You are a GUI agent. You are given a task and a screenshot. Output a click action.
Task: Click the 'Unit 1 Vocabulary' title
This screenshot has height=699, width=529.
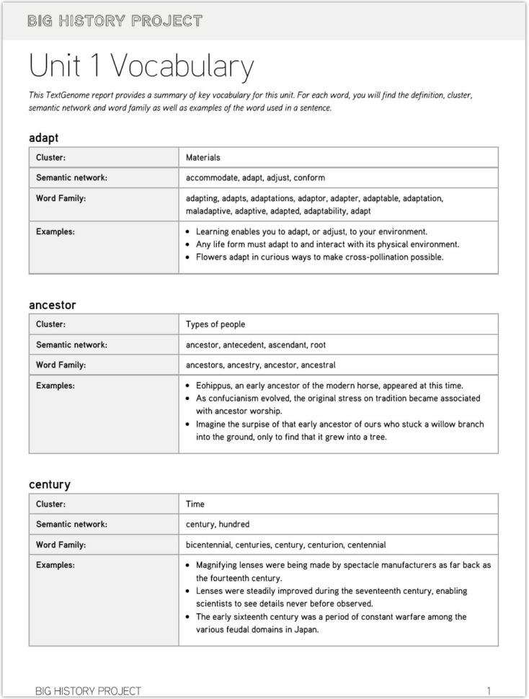141,66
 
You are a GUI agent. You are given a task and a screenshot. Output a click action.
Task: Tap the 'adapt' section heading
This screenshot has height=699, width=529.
43,137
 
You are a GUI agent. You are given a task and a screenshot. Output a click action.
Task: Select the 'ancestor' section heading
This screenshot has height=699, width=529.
52,305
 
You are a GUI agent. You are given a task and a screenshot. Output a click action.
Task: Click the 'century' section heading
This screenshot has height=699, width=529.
49,484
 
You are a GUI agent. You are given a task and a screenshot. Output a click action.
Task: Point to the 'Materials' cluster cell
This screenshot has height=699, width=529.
203,157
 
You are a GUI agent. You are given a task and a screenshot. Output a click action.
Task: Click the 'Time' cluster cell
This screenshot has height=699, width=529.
195,504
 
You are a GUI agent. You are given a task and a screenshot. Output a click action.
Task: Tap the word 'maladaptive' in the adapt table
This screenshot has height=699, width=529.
208,211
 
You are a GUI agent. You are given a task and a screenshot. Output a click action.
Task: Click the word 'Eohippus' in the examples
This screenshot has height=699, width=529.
214,386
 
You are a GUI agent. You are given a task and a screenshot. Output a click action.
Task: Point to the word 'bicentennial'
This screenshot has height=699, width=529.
211,545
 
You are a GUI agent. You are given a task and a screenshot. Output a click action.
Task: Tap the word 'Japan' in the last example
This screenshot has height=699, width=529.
304,629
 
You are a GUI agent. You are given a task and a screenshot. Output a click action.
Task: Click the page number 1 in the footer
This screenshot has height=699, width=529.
489,690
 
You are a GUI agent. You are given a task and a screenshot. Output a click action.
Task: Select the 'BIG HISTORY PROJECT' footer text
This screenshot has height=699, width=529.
88,690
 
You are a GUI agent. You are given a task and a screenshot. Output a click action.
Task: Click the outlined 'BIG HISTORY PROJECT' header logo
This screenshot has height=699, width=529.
115,21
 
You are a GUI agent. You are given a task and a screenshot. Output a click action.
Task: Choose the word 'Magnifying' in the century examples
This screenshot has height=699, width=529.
219,565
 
